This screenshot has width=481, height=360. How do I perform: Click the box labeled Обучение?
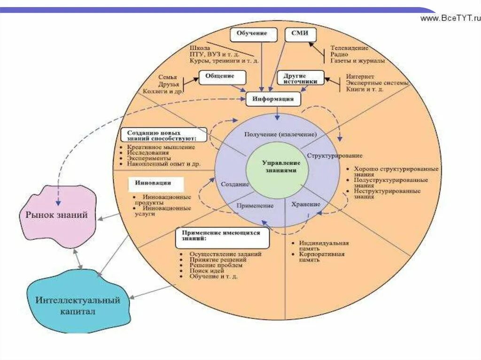[x=252, y=34]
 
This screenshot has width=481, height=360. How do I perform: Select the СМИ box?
[x=301, y=34]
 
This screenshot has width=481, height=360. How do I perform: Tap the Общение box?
[x=219, y=77]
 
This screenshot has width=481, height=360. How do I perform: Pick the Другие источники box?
[x=301, y=78]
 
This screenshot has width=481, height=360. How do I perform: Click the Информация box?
[x=273, y=99]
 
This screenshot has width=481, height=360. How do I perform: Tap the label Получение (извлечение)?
[x=280, y=134]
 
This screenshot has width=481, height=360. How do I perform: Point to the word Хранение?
[x=305, y=204]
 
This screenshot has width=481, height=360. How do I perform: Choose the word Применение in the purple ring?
[x=255, y=206]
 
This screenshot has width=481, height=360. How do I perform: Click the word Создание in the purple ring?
[x=234, y=184]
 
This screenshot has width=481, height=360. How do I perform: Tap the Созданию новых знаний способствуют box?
[x=164, y=135]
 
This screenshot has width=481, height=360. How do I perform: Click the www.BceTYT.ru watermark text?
[x=450, y=18]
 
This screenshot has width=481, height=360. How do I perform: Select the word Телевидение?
[x=349, y=48]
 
